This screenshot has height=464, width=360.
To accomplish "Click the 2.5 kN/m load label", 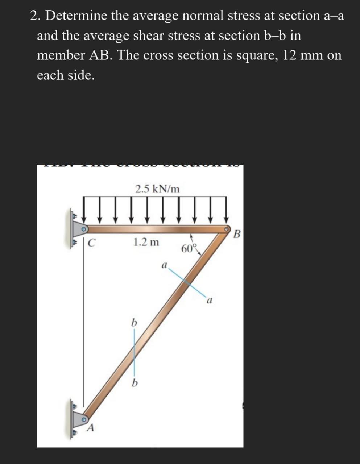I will click(157, 189).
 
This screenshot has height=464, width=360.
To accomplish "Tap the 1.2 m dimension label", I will click(146, 242).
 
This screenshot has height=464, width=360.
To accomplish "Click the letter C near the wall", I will click(92, 243).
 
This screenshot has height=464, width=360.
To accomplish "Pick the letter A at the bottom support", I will click(91, 428).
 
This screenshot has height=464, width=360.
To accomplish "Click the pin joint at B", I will click(227, 229).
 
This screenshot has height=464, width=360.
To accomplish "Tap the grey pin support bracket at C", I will click(79, 229).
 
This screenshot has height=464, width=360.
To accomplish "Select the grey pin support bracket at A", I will click(79, 419).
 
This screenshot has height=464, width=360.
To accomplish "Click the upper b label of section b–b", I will click(134, 322).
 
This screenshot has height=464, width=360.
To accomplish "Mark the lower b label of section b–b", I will click(135, 383).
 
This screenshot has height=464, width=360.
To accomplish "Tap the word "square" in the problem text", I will click(257, 55).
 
